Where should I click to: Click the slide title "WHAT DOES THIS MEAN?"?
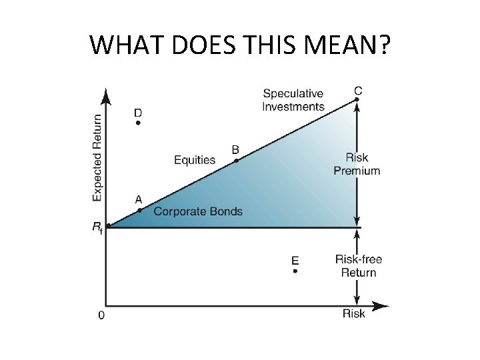[x=240, y=45]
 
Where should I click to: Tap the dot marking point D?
[x=138, y=123]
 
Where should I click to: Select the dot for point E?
[x=295, y=271]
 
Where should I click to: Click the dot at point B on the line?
[x=236, y=160]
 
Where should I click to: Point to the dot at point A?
[x=139, y=210]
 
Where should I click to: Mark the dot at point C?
[x=357, y=99]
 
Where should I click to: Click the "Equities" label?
[x=195, y=159]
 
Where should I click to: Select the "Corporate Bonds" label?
[x=198, y=211]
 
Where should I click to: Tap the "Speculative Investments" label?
[x=293, y=100]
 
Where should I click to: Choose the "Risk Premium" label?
[x=357, y=164]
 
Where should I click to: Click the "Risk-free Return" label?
[x=359, y=265]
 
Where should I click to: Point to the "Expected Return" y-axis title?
[x=97, y=157]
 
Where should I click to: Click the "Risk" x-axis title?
[x=354, y=313]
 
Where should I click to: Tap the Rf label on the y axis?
[x=97, y=227]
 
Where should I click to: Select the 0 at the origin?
[x=101, y=315]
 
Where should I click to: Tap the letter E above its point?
[x=295, y=259]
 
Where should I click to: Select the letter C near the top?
[x=358, y=90]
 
